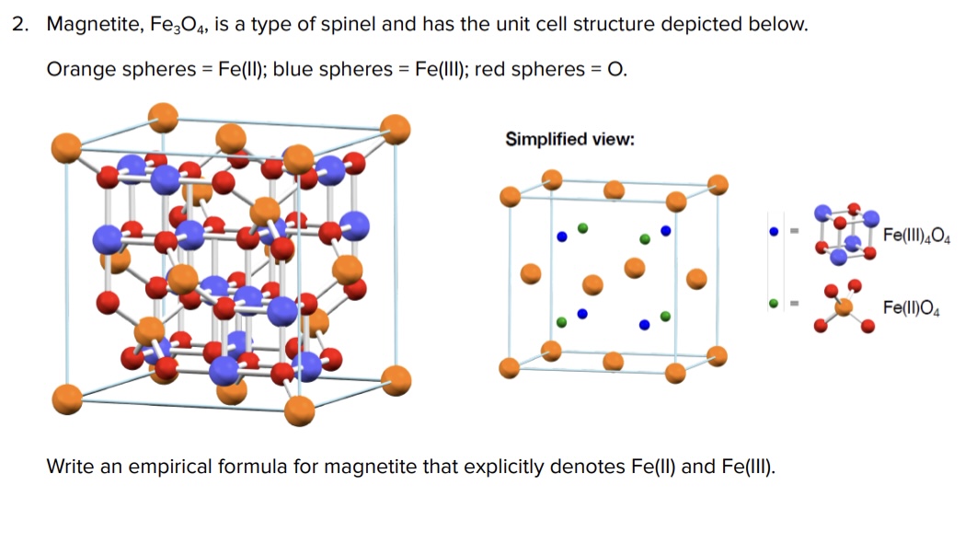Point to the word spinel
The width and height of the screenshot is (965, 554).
pos(350,25)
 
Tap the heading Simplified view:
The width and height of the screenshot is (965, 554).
pos(569,139)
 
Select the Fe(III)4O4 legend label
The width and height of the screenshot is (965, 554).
pos(915,236)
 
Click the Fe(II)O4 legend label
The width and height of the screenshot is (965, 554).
pos(911,308)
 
